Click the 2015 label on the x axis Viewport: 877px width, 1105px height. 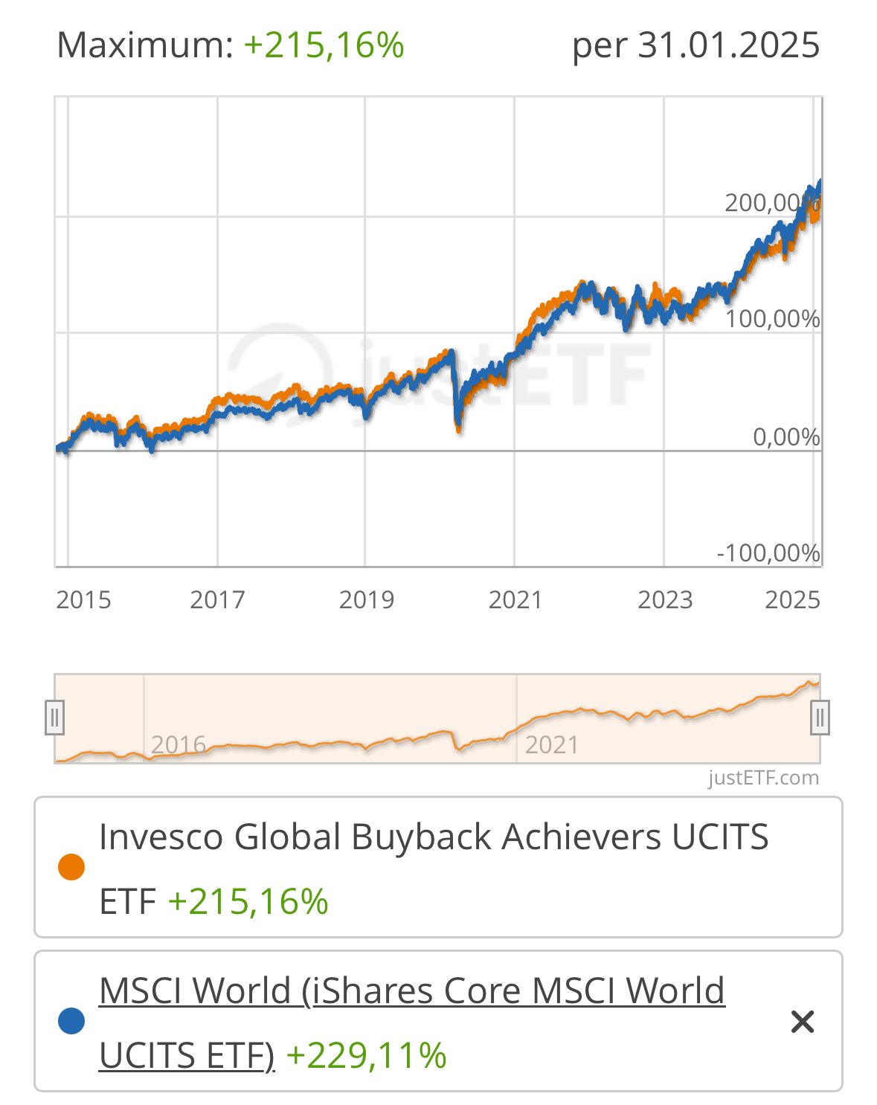tap(83, 599)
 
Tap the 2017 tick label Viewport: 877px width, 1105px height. tap(217, 599)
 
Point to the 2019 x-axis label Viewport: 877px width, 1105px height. tap(366, 599)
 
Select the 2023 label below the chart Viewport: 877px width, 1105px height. tap(665, 599)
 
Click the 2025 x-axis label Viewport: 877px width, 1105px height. tap(792, 599)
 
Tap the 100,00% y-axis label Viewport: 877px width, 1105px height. tap(772, 319)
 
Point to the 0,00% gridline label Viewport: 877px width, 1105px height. tap(786, 436)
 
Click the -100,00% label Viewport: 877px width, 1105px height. tap(768, 553)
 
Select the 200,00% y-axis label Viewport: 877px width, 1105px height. tap(771, 202)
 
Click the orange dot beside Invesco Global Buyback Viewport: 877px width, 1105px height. tap(71, 867)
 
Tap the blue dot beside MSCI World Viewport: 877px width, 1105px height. tap(71, 1021)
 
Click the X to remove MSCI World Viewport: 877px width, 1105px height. tap(803, 1022)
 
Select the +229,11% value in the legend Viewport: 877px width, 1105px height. tap(366, 1055)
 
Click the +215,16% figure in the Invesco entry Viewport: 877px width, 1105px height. tap(248, 901)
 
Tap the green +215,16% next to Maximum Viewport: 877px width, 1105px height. tap(324, 45)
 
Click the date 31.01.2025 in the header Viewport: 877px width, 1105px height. tap(729, 45)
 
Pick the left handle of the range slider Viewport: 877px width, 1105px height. tap(54, 718)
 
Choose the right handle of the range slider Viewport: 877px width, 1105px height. tap(820, 718)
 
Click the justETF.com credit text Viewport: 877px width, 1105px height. tap(763, 778)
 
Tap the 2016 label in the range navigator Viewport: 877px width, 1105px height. tap(179, 744)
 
